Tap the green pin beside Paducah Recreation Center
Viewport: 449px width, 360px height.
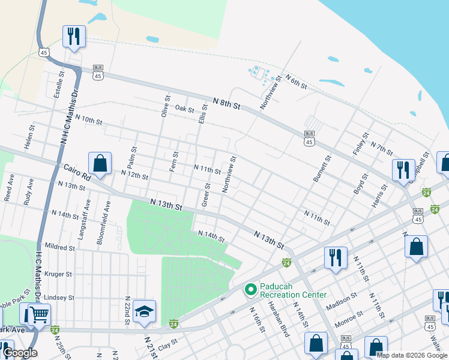tap(250, 290)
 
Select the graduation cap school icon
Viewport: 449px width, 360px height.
tap(144, 311)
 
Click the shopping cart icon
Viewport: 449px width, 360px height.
tap(39, 313)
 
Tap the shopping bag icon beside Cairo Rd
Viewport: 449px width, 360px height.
tap(100, 163)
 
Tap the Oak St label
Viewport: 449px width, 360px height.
tap(184, 109)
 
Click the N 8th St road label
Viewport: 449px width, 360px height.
tap(227, 104)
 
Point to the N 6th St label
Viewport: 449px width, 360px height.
tap(296, 82)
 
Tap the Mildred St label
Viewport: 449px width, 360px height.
tap(59, 247)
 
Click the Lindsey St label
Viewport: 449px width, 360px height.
tap(59, 298)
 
